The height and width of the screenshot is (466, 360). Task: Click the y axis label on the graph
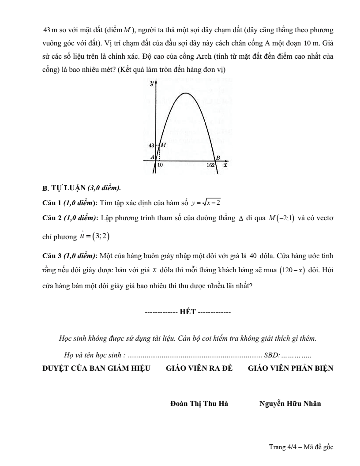[x=151, y=83]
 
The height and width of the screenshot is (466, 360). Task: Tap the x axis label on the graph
[x=225, y=165]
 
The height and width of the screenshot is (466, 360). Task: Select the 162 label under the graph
[x=211, y=165]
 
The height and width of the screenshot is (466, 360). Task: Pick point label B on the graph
[x=217, y=158]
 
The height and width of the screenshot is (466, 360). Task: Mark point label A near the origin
[x=152, y=157]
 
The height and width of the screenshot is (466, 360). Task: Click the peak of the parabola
[x=187, y=93]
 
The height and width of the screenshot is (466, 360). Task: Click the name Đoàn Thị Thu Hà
[x=199, y=403]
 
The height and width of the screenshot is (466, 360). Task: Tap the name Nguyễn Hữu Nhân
[x=290, y=403]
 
